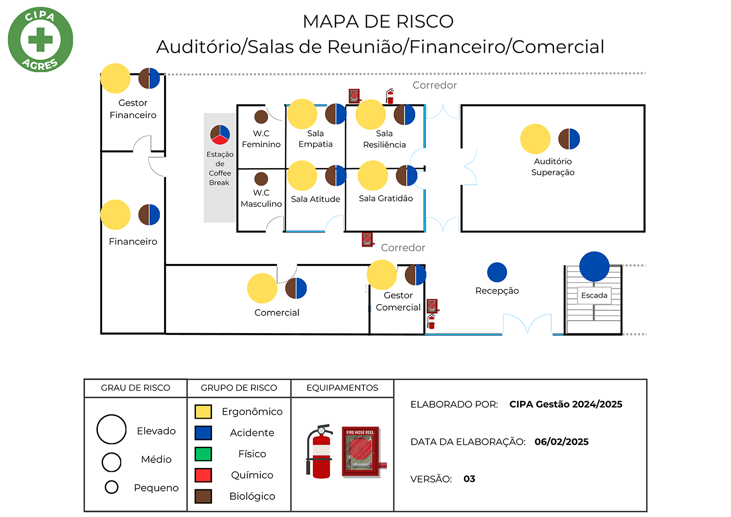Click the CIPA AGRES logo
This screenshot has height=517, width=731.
[x=41, y=40]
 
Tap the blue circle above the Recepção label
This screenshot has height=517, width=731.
[x=497, y=272]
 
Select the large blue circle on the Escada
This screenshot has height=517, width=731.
[x=594, y=267]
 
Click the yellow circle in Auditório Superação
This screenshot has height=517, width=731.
[x=535, y=139]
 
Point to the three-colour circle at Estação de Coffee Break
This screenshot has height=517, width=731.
[x=220, y=134]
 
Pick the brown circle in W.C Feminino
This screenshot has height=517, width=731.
[x=261, y=117]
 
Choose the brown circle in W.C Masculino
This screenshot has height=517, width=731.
[x=261, y=179]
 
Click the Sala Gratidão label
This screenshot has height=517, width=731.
[x=385, y=198]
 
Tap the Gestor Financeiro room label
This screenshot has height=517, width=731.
[x=133, y=109]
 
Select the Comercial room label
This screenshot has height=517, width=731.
[x=276, y=312]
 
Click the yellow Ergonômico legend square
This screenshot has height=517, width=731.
[x=203, y=412]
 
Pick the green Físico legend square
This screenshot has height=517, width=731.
[x=203, y=454]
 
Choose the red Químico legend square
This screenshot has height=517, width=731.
[x=203, y=475]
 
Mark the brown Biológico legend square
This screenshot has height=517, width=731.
[x=203, y=496]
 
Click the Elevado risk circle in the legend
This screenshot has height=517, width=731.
[x=111, y=430]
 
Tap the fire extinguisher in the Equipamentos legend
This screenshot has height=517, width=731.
[x=320, y=451]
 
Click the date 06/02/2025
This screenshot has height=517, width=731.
[x=561, y=442]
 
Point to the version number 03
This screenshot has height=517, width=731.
[x=469, y=478]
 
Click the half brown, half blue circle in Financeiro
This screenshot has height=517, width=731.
[x=149, y=215]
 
